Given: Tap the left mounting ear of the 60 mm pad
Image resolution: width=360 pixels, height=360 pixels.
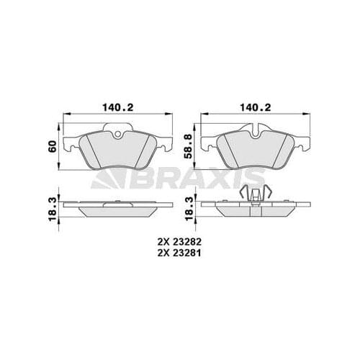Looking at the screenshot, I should (69, 147).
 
